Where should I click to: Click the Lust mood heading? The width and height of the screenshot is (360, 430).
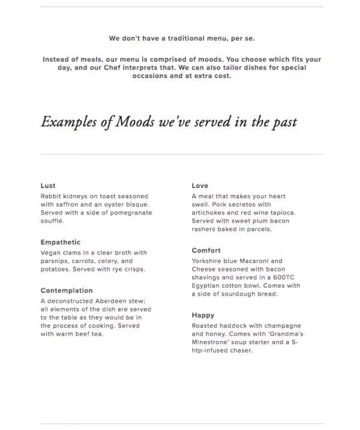[48, 186]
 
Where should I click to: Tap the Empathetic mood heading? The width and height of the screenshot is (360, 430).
[61, 243]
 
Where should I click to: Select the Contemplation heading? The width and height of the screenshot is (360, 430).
[67, 291]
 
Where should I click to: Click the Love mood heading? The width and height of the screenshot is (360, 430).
[200, 186]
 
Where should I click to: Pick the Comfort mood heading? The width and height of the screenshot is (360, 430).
[206, 251]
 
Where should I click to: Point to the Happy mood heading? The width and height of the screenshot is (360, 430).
[203, 315]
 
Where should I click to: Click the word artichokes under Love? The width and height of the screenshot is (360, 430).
[213, 213]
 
